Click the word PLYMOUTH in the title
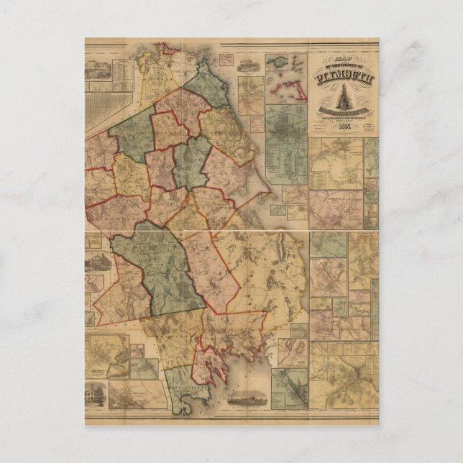[x=343, y=78]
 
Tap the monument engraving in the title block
[x=343, y=97]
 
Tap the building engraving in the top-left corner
[x=103, y=69]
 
